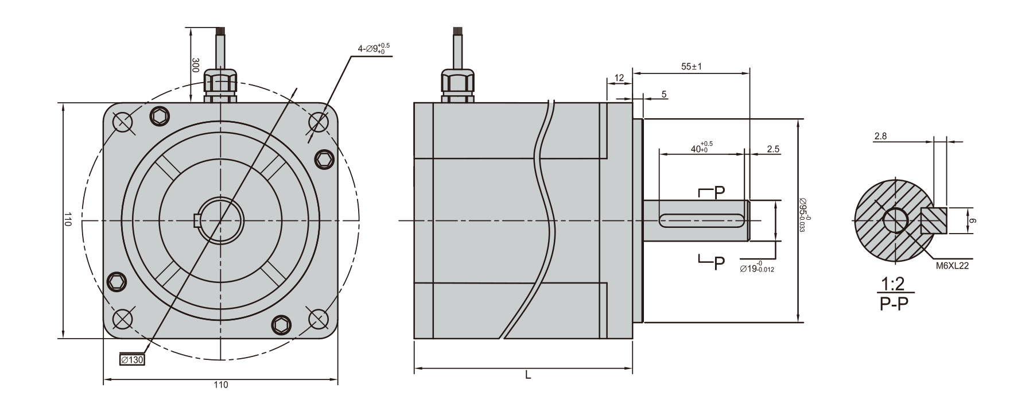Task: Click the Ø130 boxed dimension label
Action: coord(132,360)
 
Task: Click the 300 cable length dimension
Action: coord(195,64)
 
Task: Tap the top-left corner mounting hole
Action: coord(123,122)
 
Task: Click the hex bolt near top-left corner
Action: coord(160,117)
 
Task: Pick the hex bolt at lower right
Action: coord(281,325)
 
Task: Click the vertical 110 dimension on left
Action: coord(68,220)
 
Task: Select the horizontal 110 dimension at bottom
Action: coord(220,385)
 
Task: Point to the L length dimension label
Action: coord(527,375)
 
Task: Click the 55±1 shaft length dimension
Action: coord(692,67)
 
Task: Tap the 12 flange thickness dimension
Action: coord(619,77)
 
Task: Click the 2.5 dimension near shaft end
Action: coord(773,149)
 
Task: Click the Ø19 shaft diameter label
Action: coord(758,268)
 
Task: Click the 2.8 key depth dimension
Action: coord(880,136)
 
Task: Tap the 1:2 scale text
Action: coord(893,284)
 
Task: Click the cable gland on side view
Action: coord(457,86)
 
